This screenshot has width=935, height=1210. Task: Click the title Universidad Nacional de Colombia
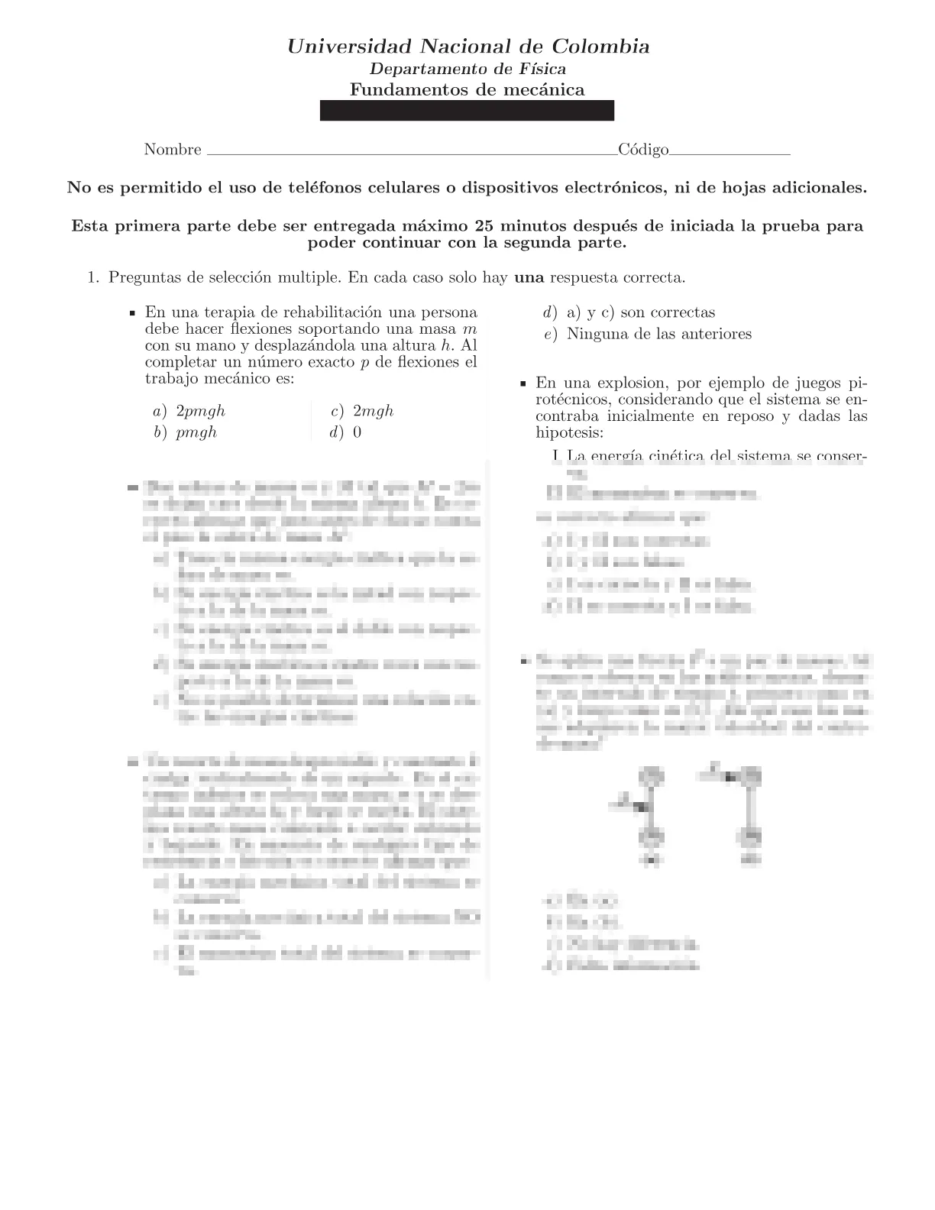tap(467, 47)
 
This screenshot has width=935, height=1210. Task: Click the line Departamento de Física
tap(467, 69)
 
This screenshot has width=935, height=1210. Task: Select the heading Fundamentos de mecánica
tap(467, 89)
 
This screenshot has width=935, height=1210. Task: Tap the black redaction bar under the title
tap(467, 111)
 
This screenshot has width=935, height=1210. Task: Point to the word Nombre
tap(173, 150)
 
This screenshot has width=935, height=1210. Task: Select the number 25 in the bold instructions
tap(485, 226)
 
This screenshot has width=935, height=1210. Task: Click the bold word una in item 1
tap(529, 277)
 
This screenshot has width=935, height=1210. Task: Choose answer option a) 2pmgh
tap(189, 411)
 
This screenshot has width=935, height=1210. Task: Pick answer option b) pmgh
tap(186, 432)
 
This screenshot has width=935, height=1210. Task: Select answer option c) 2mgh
tap(362, 411)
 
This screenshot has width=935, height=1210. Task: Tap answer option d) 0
tap(346, 432)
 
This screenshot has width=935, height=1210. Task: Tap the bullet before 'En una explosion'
tap(523, 383)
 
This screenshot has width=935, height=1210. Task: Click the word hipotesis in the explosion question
tap(570, 433)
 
